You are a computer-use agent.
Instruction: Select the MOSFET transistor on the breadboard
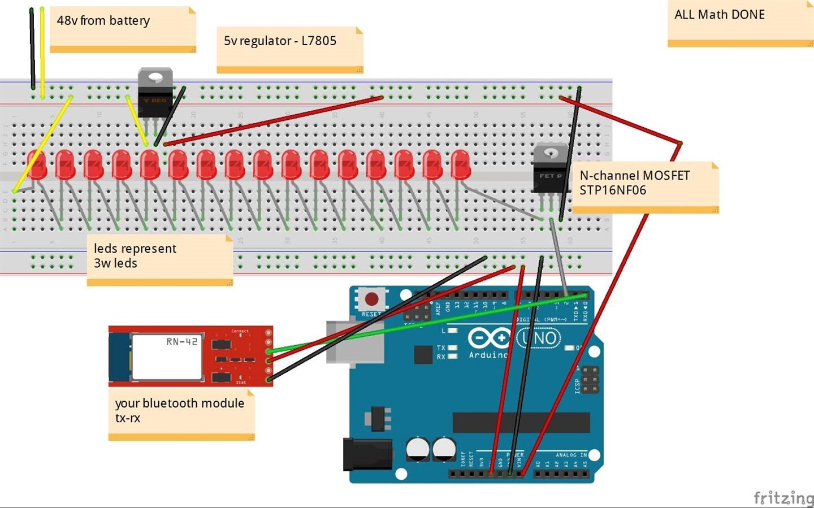pyautogui.click(x=550, y=170)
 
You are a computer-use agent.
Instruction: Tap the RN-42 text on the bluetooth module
pyautogui.click(x=181, y=341)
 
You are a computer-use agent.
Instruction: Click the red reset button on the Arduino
pyautogui.click(x=372, y=298)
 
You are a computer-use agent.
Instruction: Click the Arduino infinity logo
pyautogui.click(x=488, y=338)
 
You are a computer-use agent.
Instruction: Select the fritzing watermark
pyautogui.click(x=783, y=497)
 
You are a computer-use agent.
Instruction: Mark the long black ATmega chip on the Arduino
pyautogui.click(x=521, y=422)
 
